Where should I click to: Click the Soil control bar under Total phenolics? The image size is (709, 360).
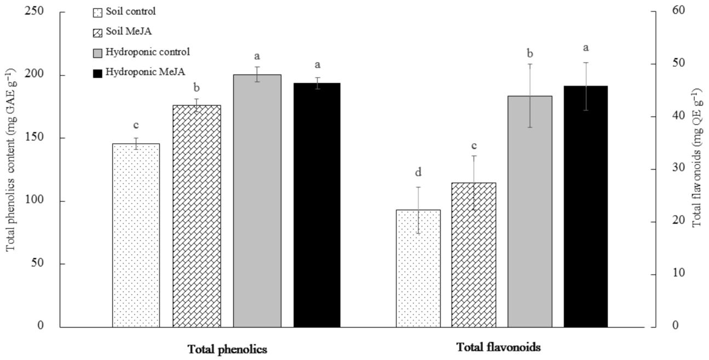coord(136,235)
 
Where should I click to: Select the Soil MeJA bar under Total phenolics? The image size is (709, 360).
coord(197,216)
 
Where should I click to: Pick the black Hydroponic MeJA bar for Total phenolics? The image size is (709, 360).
coord(317,205)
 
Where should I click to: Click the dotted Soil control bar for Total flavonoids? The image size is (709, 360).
coord(418,268)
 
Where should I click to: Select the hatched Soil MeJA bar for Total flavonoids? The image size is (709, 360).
coord(474,255)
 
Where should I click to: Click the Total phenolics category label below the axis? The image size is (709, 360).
coord(227,349)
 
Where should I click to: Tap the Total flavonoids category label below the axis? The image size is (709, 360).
coord(498,347)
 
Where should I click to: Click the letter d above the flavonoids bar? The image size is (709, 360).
coord(418,173)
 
